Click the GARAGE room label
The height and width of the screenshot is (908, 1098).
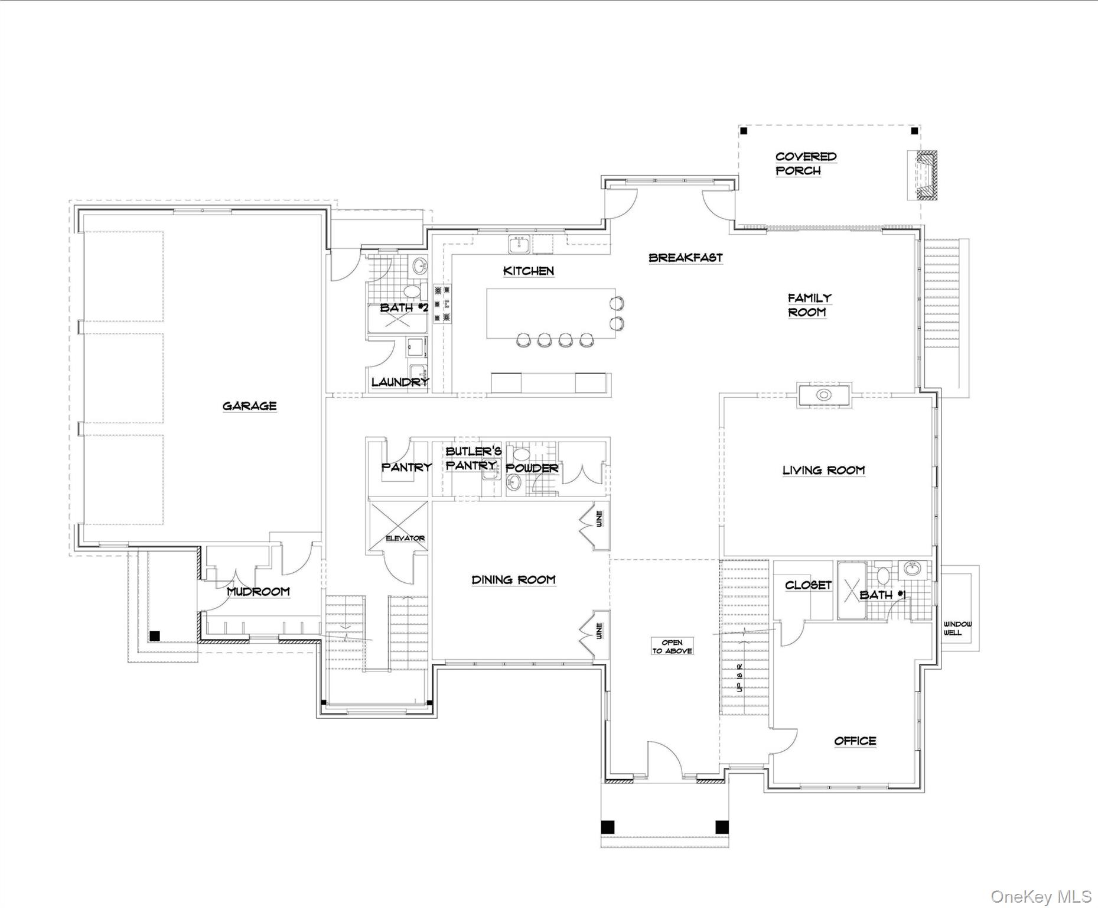click(249, 406)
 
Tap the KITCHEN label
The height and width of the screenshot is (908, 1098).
click(528, 271)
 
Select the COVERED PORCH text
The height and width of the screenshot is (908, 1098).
click(806, 164)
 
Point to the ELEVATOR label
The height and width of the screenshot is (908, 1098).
click(405, 538)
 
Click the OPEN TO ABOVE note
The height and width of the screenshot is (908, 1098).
click(672, 646)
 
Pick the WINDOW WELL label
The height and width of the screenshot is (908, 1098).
click(957, 628)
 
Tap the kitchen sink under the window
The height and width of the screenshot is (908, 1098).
click(520, 243)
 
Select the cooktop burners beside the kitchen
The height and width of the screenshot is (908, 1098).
click(442, 304)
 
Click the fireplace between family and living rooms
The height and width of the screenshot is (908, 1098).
click(823, 395)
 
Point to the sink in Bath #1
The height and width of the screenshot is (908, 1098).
click(913, 569)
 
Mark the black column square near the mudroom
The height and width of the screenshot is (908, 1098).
click(155, 636)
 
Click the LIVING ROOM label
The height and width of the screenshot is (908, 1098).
click(823, 470)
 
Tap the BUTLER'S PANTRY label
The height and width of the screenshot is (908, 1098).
click(473, 458)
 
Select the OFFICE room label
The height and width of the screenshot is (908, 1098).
click(855, 741)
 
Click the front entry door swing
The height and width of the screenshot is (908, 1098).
click(664, 757)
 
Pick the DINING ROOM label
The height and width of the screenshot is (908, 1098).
click(513, 579)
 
